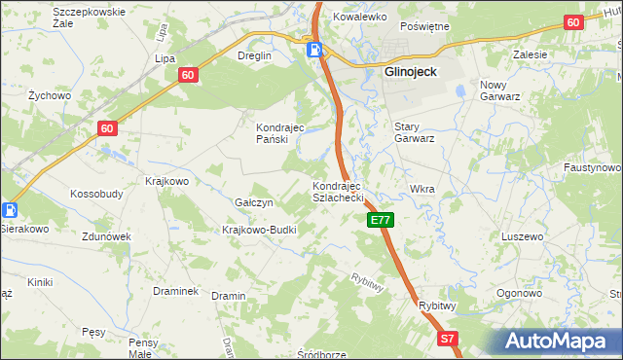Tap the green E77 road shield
coord(381,221)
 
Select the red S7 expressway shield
coord(446,339)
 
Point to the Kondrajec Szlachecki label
coord(337,191)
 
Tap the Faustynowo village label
coord(592,167)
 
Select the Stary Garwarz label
coord(414,132)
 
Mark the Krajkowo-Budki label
coord(259,230)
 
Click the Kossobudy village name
coord(96,194)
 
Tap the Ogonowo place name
coord(518,293)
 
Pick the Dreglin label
coord(254,55)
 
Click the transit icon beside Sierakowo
coord(9,210)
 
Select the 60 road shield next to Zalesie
coord(572,22)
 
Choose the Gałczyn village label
coord(253,202)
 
